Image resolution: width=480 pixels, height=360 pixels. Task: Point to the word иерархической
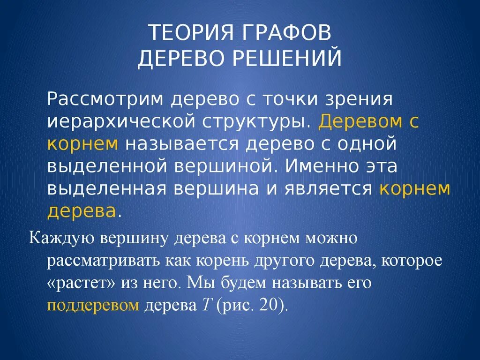point(121,122)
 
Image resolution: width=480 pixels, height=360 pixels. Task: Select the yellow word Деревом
point(360,121)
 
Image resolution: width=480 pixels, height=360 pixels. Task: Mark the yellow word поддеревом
point(93,306)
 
